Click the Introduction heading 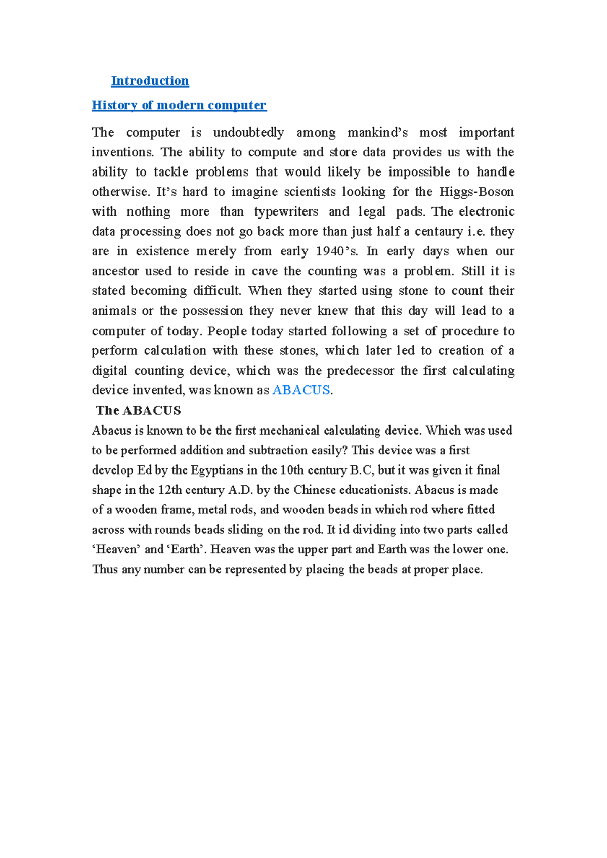[150, 81]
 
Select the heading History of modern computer [179, 105]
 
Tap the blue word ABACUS [301, 390]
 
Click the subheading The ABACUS [138, 410]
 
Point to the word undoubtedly [248, 133]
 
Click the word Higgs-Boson [476, 192]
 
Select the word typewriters [286, 211]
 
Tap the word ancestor [115, 271]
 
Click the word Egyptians [217, 470]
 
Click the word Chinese [315, 490]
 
